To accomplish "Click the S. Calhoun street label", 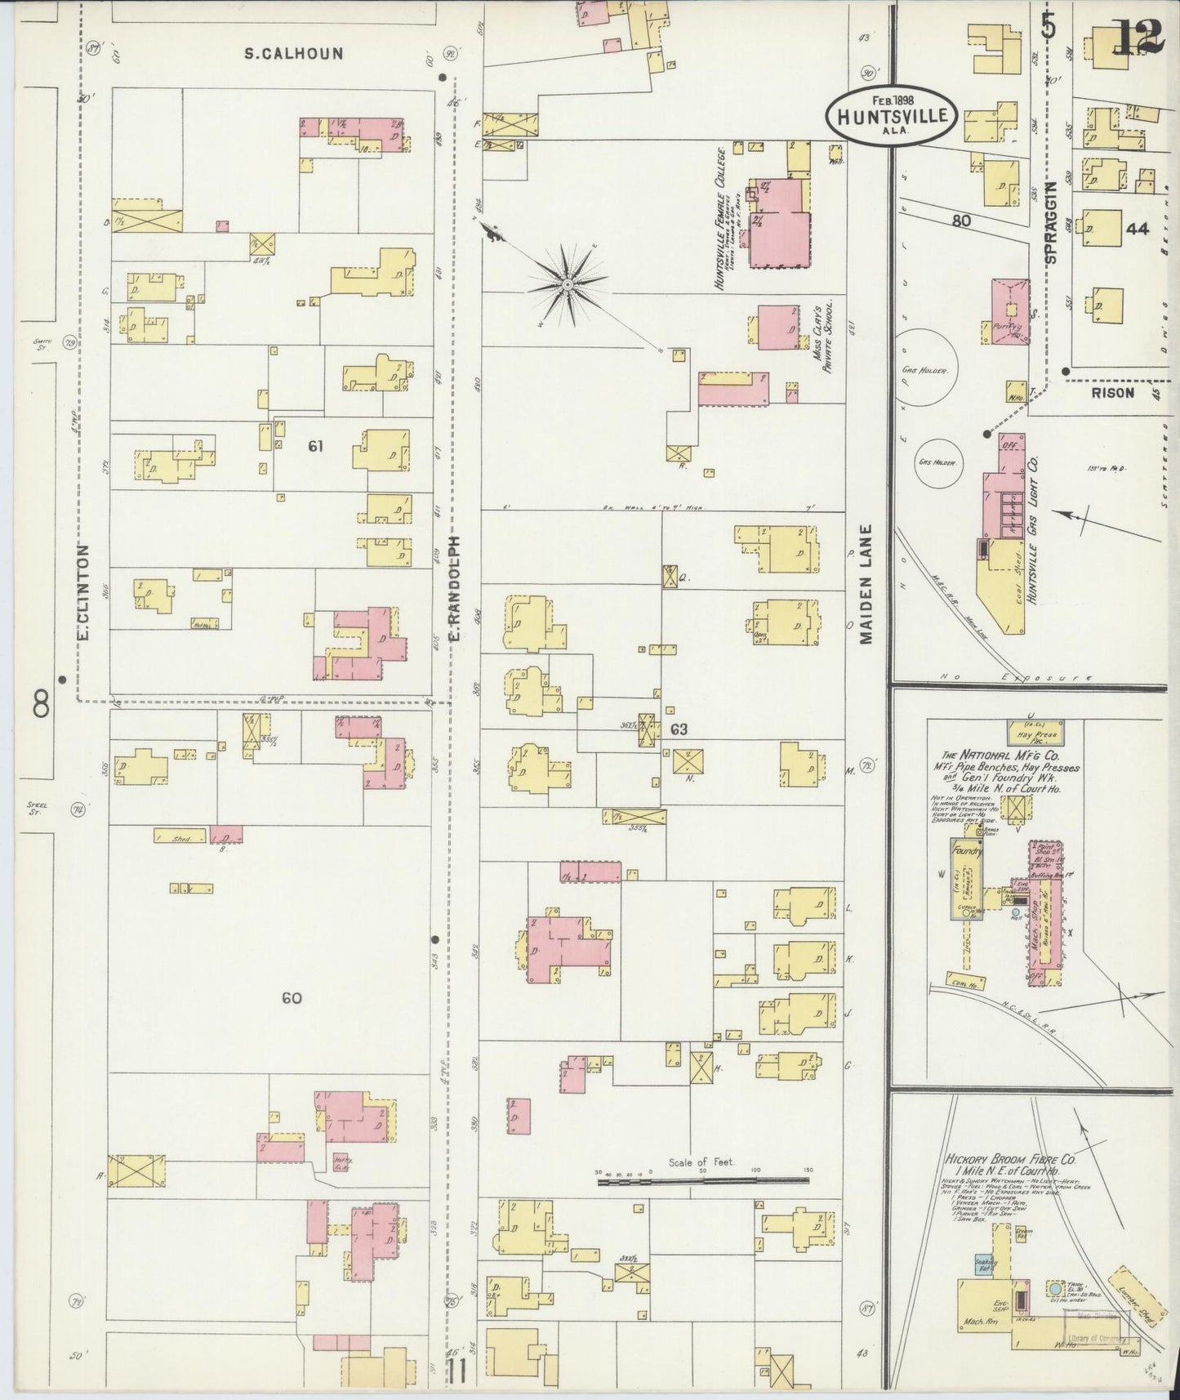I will pos(294,54).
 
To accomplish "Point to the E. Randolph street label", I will pos(456,587).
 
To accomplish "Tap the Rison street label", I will pos(1112,393).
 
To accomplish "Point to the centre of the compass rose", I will pos(566,284).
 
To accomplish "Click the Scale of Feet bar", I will pos(702,1179).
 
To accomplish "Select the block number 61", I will pos(316,446).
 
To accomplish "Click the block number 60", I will pos(292,997).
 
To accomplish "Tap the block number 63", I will pos(678,729).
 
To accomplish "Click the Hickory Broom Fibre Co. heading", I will pos(1010,1159).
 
